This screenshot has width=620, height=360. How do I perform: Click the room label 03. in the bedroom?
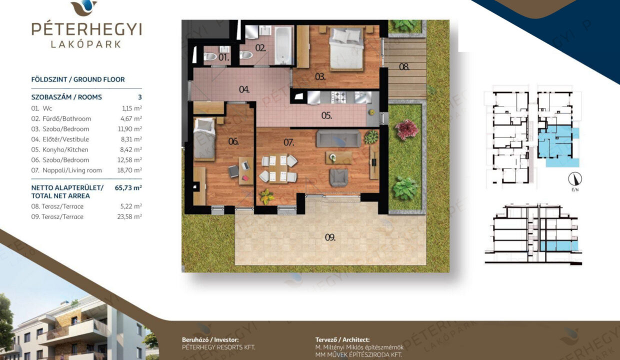coord(320,76)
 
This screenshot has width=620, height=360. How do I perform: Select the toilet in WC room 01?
coord(210,56)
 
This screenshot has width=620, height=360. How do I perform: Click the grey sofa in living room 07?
coord(338,139)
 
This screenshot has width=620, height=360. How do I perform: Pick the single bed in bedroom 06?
coord(204,138)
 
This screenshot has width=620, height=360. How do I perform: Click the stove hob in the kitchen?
coord(338,97)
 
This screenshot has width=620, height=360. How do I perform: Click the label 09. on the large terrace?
coord(330,237)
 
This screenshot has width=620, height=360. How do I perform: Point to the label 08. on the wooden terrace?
coord(404,66)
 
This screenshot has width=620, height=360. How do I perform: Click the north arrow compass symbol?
coord(575,179)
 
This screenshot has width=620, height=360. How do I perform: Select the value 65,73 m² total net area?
coord(128,187)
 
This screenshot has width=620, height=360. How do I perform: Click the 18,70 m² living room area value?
coord(129,170)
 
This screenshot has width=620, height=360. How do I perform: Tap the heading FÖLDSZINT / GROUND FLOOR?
coord(78,79)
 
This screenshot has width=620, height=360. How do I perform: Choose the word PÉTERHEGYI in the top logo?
coord(86,29)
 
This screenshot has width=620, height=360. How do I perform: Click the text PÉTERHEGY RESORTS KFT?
coord(218,347)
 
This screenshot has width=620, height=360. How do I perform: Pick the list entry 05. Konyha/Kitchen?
coord(60,149)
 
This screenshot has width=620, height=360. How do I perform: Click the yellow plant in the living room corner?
coord(267,196)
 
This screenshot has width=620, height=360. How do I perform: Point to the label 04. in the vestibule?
coord(244,89)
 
